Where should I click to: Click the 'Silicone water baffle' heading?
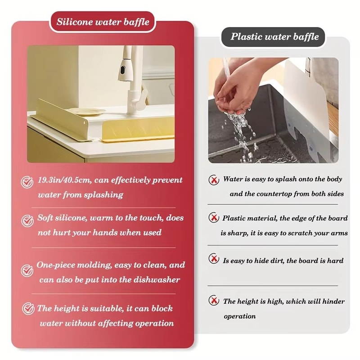[103, 22]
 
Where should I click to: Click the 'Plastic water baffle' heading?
[274, 37]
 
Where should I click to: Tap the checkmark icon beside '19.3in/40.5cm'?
[28, 182]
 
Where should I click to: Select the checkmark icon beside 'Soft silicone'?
[28, 220]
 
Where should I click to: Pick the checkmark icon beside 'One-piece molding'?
[28, 270]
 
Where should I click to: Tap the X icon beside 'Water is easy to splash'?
[214, 180]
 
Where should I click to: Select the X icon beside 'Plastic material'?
[214, 218]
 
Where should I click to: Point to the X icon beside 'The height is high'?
[214, 300]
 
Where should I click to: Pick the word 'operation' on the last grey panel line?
[239, 316]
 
